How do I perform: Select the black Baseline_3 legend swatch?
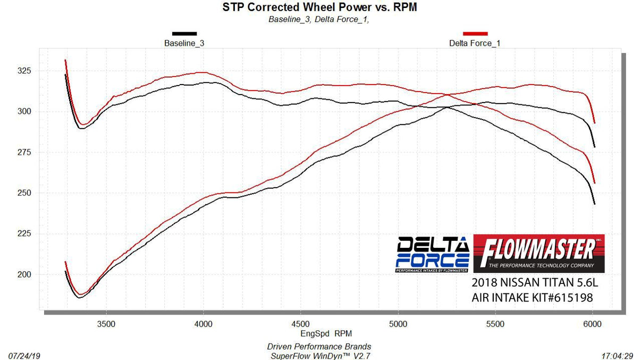(x=184, y=34)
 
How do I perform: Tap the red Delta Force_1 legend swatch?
(x=475, y=34)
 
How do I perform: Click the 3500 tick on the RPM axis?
(x=106, y=323)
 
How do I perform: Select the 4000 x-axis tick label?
(x=204, y=323)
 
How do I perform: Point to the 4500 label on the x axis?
(x=301, y=323)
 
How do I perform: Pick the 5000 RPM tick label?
(x=398, y=323)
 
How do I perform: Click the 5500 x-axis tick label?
(x=495, y=323)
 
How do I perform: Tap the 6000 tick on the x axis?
(x=593, y=323)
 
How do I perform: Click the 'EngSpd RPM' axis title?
(x=318, y=334)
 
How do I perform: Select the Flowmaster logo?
(x=538, y=254)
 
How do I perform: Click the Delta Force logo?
(x=433, y=254)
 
